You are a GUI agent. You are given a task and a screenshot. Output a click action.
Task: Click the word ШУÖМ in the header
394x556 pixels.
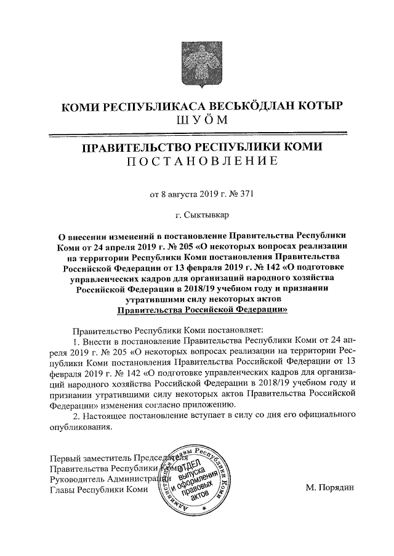(x=197, y=119)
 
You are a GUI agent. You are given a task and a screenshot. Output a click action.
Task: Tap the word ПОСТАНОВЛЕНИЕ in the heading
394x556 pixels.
(x=197, y=162)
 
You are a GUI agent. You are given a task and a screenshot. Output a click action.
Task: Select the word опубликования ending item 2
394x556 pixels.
(x=81, y=429)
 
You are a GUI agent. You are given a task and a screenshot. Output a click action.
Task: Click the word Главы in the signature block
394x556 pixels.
(x=62, y=490)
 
